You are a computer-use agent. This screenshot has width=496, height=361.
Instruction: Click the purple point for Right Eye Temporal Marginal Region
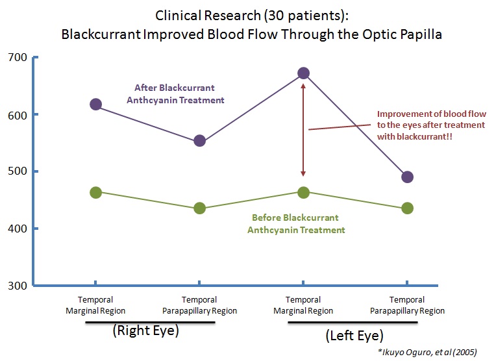coord(95,105)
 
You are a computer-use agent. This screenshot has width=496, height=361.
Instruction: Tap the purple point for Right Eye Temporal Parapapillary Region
coord(199,141)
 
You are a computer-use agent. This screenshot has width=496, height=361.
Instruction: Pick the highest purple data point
coord(303,73)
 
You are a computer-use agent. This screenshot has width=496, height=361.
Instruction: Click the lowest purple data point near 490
coord(407,177)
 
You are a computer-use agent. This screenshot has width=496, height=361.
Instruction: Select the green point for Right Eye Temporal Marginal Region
coord(95,192)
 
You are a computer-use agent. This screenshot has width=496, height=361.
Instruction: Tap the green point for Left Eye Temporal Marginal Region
coord(303,192)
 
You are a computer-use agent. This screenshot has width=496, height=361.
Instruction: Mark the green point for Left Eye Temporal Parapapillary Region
coord(407,208)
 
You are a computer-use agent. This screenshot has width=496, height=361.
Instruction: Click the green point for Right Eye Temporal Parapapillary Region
coord(199,208)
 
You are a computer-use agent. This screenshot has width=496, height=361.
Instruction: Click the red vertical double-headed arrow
coord(303,130)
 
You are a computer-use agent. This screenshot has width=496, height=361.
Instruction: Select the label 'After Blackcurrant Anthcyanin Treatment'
coord(179,93)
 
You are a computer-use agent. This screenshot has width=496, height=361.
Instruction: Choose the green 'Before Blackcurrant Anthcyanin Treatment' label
coord(296,223)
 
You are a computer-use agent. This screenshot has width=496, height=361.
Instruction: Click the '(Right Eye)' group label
coord(145,330)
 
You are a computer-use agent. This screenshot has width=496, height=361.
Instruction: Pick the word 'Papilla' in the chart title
coord(419,34)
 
